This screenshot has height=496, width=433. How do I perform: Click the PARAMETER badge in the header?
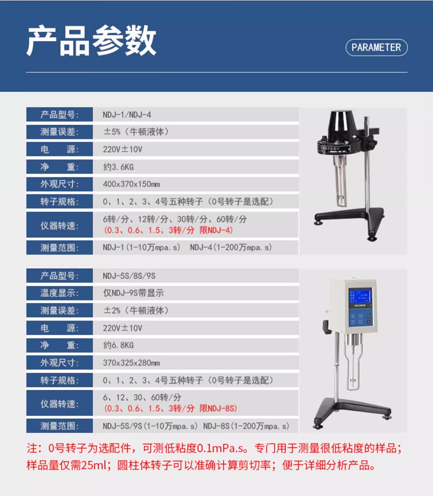click(x=376, y=48)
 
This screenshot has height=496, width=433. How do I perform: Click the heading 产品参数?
click(x=91, y=41)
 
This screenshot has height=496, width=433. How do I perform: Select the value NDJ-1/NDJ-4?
click(x=127, y=114)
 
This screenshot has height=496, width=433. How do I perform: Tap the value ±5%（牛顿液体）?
click(x=136, y=132)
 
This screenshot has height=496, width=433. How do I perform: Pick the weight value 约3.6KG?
click(x=118, y=167)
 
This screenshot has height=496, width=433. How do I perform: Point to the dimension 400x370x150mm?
click(x=131, y=184)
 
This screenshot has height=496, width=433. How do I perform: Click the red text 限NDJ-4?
click(x=216, y=230)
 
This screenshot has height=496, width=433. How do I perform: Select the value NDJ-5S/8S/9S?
click(x=129, y=276)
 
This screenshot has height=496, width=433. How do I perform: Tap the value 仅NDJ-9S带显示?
click(x=133, y=293)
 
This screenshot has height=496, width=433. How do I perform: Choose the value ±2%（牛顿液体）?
click(x=136, y=310)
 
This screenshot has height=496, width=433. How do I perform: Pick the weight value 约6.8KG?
click(x=118, y=345)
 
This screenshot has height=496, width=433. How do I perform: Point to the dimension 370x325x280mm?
click(x=131, y=363)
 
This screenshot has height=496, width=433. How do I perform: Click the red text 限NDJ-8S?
click(x=218, y=408)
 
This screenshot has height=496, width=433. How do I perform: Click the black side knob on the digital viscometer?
click(x=326, y=325)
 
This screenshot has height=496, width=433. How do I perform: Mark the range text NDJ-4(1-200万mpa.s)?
click(x=231, y=247)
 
